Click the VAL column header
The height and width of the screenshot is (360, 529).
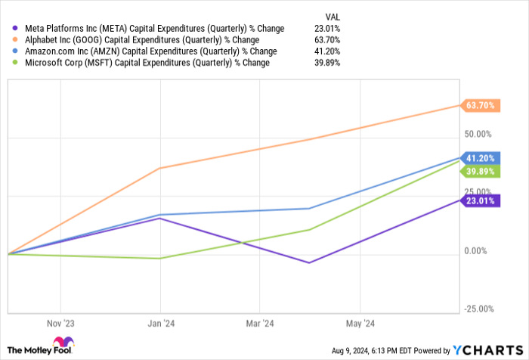(x=331, y=14)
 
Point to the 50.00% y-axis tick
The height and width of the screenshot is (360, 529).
(x=478, y=134)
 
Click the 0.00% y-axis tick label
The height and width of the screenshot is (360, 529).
(x=479, y=250)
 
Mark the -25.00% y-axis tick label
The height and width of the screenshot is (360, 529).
(x=478, y=309)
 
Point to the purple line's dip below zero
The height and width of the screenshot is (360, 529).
(x=308, y=262)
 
